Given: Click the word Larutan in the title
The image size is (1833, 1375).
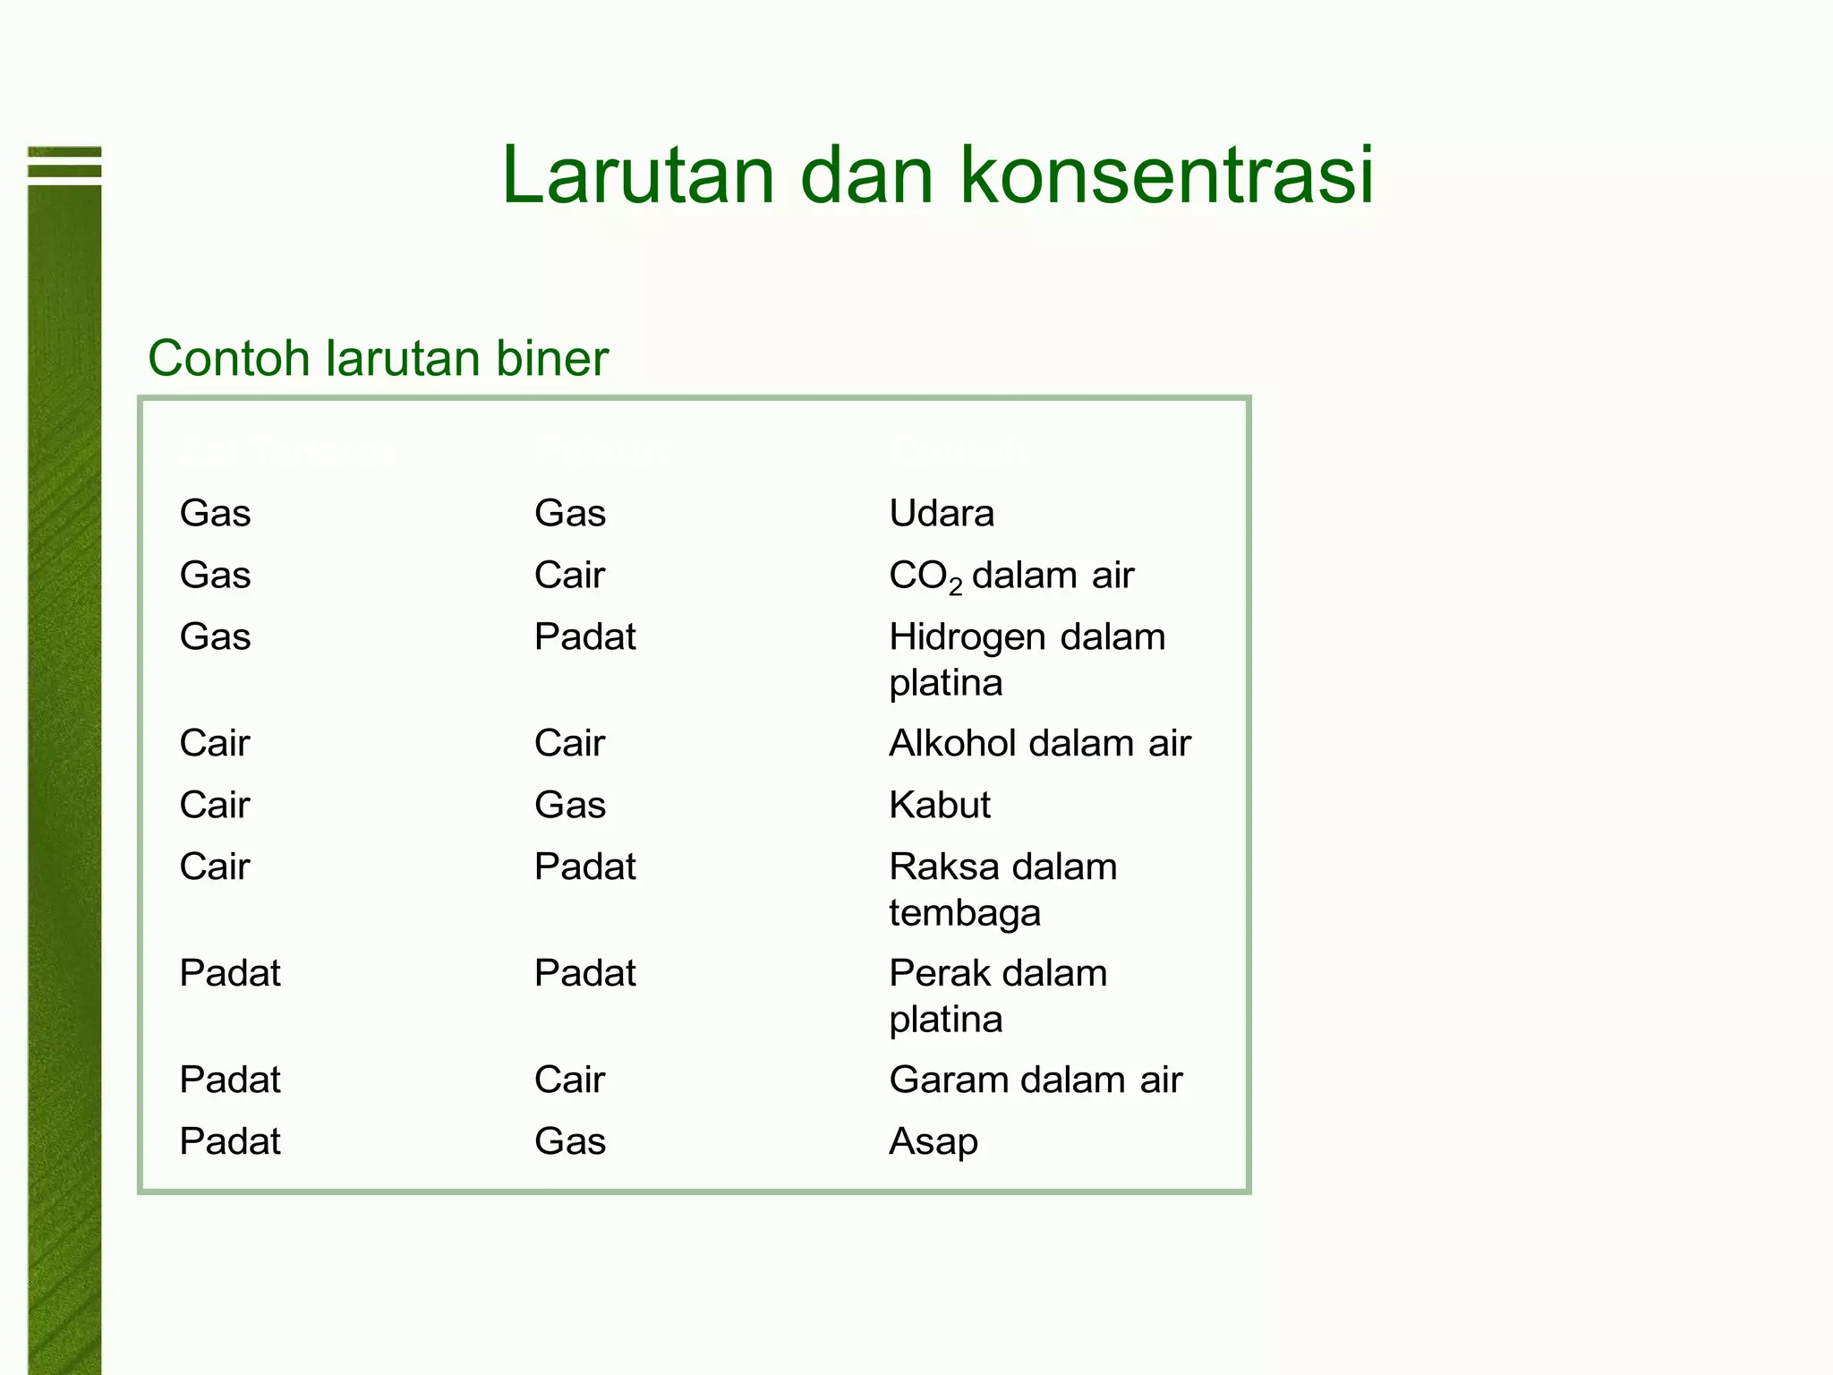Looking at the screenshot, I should click(637, 175).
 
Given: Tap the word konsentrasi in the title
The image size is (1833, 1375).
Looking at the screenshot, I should click(1166, 175).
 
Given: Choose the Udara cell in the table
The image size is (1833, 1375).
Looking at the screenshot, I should click(942, 514).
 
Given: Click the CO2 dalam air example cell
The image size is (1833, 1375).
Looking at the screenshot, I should click(1011, 576).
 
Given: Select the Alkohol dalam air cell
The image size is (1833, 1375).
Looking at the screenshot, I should click(1040, 744).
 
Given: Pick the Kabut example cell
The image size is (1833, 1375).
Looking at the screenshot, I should click(940, 806).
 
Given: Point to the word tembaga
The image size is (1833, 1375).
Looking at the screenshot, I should click(965, 914).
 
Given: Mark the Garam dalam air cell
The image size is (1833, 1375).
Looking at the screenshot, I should click(1036, 1080).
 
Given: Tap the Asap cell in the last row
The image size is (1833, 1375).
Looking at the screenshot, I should click(934, 1142).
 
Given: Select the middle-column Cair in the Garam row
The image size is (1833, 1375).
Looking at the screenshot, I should click(569, 1080).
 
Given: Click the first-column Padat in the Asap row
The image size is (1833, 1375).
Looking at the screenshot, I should click(230, 1142).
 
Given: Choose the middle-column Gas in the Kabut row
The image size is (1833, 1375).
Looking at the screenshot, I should click(570, 806).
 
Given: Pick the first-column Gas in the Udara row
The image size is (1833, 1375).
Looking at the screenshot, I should click(215, 514).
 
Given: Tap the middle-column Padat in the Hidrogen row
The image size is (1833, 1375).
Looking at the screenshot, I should click(584, 637).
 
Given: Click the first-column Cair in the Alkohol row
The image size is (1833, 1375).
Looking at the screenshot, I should click(214, 744).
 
